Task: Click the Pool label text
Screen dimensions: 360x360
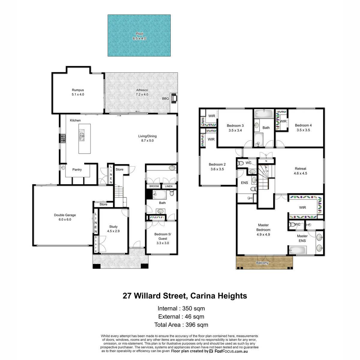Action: point(139,34)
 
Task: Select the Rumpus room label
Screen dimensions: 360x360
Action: point(78,90)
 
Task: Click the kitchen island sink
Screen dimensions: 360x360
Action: point(82,135)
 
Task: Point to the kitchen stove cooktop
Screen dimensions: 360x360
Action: point(63,138)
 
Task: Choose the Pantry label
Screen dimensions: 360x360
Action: point(77,169)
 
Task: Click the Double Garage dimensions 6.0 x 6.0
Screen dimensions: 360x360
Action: point(65,220)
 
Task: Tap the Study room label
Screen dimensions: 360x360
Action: point(113,226)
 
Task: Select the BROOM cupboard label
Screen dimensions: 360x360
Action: point(154,186)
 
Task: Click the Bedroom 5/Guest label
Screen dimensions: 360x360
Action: point(163,236)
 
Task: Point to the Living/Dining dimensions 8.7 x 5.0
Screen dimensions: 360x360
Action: point(147,140)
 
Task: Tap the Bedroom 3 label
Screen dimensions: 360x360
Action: point(235,125)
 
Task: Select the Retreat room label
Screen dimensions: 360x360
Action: point(300,169)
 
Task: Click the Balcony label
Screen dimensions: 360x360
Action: point(262,263)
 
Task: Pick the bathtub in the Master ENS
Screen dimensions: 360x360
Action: point(298,250)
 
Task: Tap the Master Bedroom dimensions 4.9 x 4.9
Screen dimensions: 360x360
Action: point(263,235)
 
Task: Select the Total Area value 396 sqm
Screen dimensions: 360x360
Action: point(197,325)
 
